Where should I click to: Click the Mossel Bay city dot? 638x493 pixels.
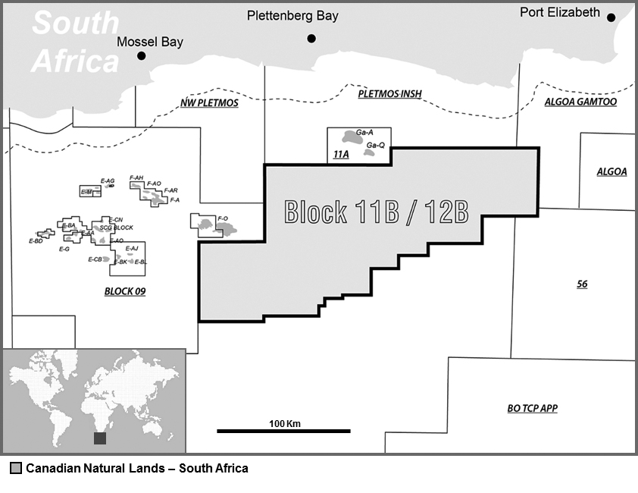(x=141, y=56)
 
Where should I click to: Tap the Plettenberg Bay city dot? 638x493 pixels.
(x=311, y=38)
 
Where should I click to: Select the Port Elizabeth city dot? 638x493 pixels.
(x=611, y=17)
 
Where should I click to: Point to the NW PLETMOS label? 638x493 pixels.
(x=210, y=102)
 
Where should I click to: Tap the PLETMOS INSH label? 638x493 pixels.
(x=389, y=94)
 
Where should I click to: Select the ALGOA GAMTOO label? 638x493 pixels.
(x=580, y=102)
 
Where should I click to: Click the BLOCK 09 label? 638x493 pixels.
(x=124, y=291)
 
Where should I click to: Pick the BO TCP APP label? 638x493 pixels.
(x=532, y=408)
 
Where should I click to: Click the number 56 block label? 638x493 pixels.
(x=582, y=284)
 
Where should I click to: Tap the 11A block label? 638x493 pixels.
(x=341, y=155)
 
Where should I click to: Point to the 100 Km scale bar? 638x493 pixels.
(x=283, y=431)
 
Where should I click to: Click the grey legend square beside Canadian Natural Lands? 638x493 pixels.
(x=15, y=468)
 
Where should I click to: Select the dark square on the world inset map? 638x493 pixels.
(x=100, y=438)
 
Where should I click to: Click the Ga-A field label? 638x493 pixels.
(x=364, y=132)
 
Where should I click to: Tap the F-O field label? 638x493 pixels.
(x=223, y=218)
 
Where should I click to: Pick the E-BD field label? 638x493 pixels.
(x=35, y=241)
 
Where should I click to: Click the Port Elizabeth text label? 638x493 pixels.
(x=560, y=12)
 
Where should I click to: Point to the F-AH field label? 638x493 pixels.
(x=136, y=177)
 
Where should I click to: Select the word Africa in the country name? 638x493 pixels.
(x=76, y=60)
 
